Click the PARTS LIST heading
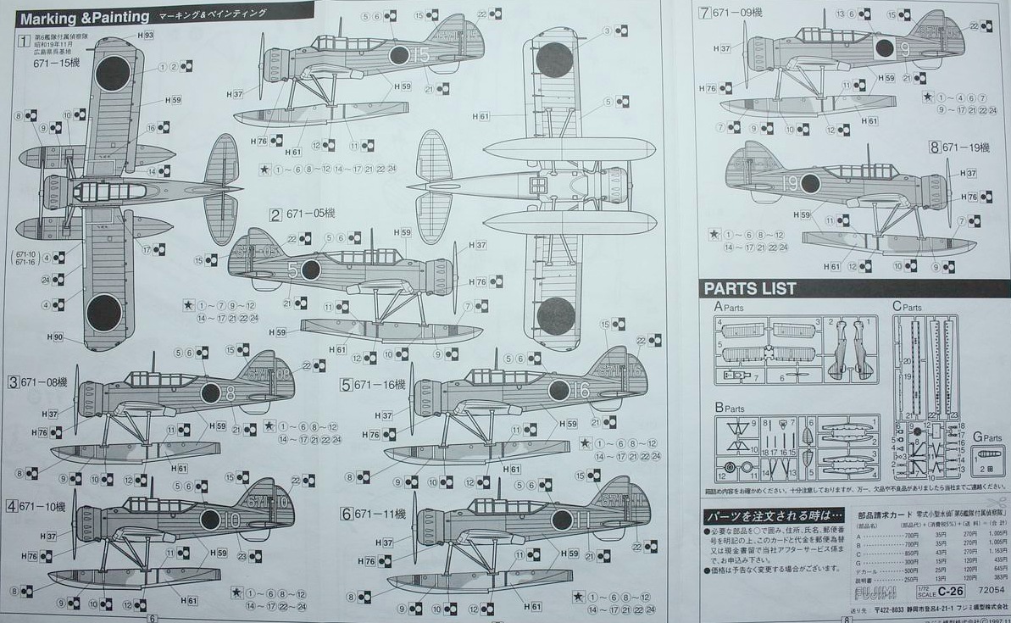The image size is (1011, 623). pos(750,288)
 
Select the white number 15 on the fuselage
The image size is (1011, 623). pos(422,56)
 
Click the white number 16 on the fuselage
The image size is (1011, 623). pos(580,391)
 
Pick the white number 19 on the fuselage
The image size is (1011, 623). pos(790,183)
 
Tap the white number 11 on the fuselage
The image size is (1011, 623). pos(583,519)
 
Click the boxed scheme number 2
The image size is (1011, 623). pos(275,214)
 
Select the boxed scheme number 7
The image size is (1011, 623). pos(704,13)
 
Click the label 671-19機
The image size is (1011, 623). pos(964,147)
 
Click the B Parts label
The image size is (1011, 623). pos(729,408)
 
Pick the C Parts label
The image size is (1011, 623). pos(906,306)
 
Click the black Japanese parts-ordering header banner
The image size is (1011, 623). pos(773,515)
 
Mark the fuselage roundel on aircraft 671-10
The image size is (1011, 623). pos(209,520)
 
